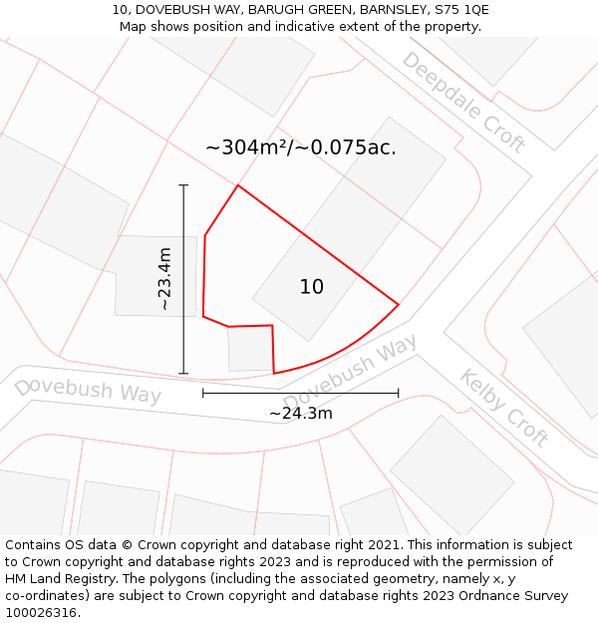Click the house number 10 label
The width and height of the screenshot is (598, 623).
pos(312,287)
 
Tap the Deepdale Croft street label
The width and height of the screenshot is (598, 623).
pos(462,102)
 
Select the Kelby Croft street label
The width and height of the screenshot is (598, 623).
pos(504,407)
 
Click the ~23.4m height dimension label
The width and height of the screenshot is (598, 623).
pos(165,279)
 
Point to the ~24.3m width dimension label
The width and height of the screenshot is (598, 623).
pos(300,413)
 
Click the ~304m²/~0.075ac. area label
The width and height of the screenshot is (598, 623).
pos(300,148)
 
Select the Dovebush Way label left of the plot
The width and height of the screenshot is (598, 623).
pos(88,390)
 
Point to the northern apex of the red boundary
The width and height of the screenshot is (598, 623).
pos(237,185)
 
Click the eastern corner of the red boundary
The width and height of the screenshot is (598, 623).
pos(399,304)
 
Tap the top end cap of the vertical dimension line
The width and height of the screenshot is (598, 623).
pos(183,184)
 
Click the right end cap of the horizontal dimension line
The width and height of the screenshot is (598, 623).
pos(399,393)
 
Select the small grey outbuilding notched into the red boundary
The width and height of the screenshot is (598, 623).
pos(250,349)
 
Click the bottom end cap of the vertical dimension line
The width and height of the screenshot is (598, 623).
pos(183,374)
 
